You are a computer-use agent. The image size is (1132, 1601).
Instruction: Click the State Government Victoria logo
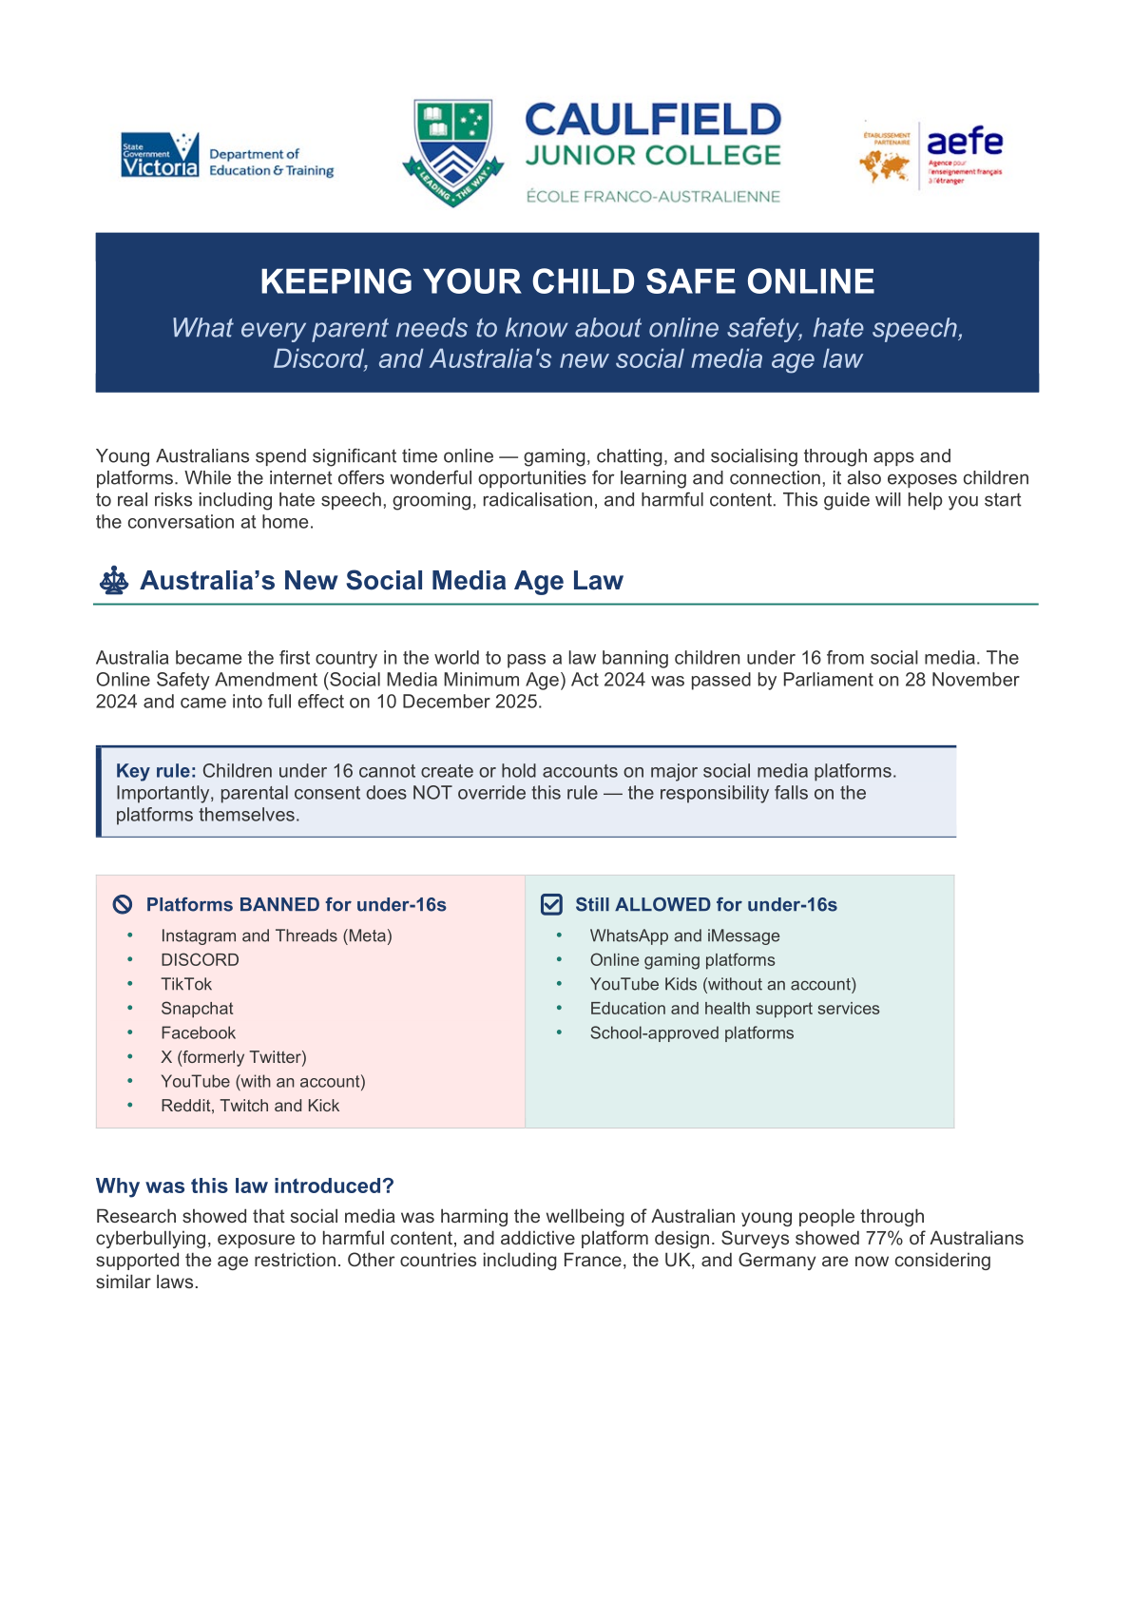point(160,155)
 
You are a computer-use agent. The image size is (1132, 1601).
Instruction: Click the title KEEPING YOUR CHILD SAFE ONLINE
point(566,281)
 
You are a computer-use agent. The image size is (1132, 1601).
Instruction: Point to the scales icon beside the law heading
point(114,581)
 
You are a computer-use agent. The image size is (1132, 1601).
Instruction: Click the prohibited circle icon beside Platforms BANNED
point(123,904)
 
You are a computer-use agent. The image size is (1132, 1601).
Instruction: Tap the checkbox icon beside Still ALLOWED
point(551,904)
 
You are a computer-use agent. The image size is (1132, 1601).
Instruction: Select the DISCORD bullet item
point(200,960)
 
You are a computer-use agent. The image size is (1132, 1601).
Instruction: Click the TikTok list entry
point(186,984)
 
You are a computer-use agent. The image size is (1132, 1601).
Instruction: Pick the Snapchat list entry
point(197,1009)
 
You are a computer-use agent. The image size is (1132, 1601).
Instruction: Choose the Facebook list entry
point(198,1033)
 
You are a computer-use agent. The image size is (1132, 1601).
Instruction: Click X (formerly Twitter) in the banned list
point(234,1057)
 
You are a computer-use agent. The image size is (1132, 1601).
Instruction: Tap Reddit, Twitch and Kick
point(250,1106)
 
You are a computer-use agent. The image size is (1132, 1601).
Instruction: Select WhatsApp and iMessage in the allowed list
point(684,936)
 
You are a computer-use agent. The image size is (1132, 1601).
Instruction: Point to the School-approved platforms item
point(691,1033)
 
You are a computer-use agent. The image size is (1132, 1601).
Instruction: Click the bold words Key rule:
point(156,771)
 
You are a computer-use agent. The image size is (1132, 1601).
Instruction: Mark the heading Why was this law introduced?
point(244,1186)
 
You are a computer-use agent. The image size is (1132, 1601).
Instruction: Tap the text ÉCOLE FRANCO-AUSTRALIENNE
point(653,197)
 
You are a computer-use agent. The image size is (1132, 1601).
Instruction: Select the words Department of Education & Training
point(271,163)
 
